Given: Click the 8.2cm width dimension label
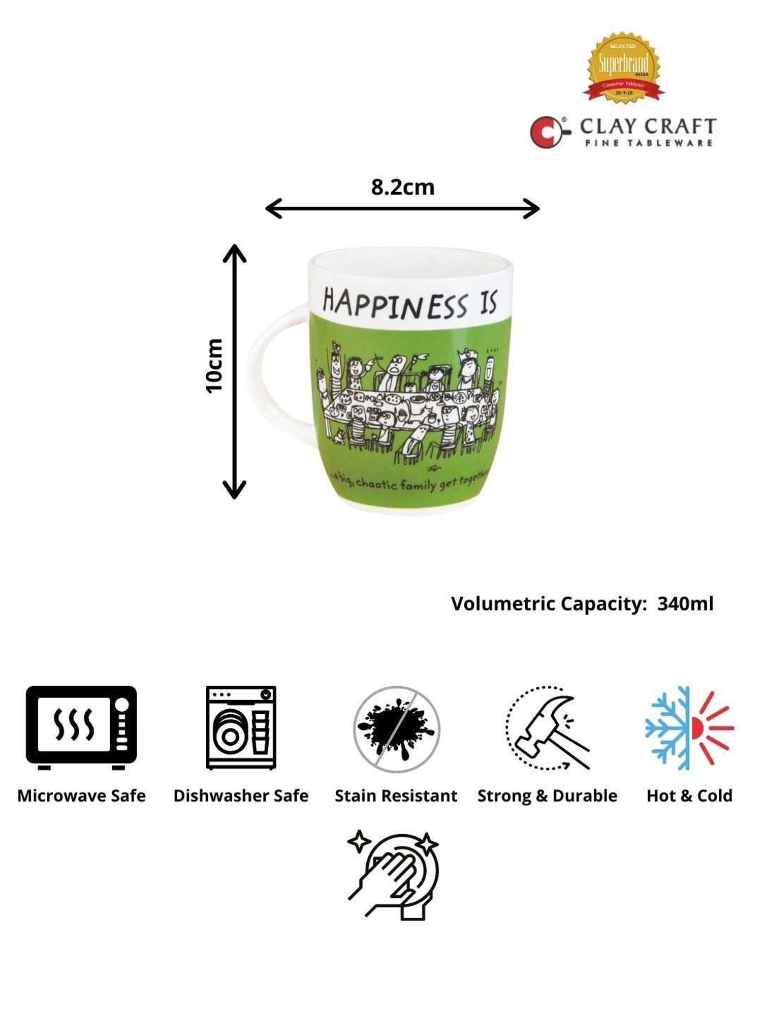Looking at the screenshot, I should (x=402, y=187).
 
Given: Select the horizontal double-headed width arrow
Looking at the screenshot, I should (x=402, y=208).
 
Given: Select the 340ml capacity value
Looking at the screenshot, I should (x=685, y=604).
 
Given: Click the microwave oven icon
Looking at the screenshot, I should (x=81, y=727).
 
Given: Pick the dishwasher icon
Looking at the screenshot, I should (x=241, y=727).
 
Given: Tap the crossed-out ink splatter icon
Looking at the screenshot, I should (x=396, y=729).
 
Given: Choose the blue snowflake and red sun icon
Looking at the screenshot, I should (x=689, y=727).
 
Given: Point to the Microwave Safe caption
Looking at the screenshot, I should (x=81, y=796).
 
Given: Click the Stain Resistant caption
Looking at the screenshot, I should (x=396, y=796).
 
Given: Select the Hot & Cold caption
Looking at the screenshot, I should (x=689, y=796).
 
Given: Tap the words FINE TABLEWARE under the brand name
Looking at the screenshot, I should (x=649, y=143).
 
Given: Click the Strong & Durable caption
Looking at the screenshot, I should (x=547, y=796).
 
